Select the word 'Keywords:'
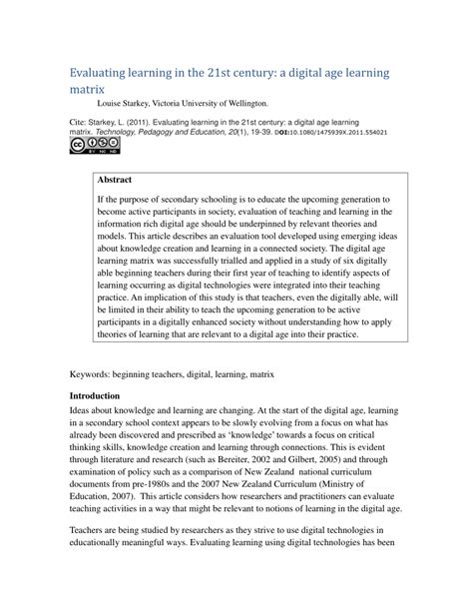point(97,376)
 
